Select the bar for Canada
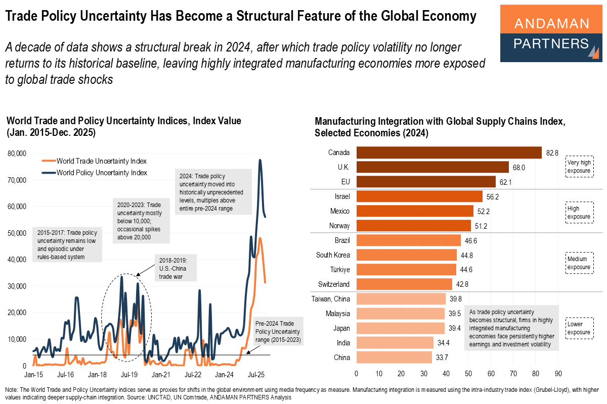coord(449,153)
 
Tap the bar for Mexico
coord(414,211)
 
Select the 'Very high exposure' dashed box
coord(579,166)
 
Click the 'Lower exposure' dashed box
coord(579,328)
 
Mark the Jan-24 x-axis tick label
coord(224,376)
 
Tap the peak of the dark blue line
coord(260,160)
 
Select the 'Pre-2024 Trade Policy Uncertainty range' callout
coord(278,331)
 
